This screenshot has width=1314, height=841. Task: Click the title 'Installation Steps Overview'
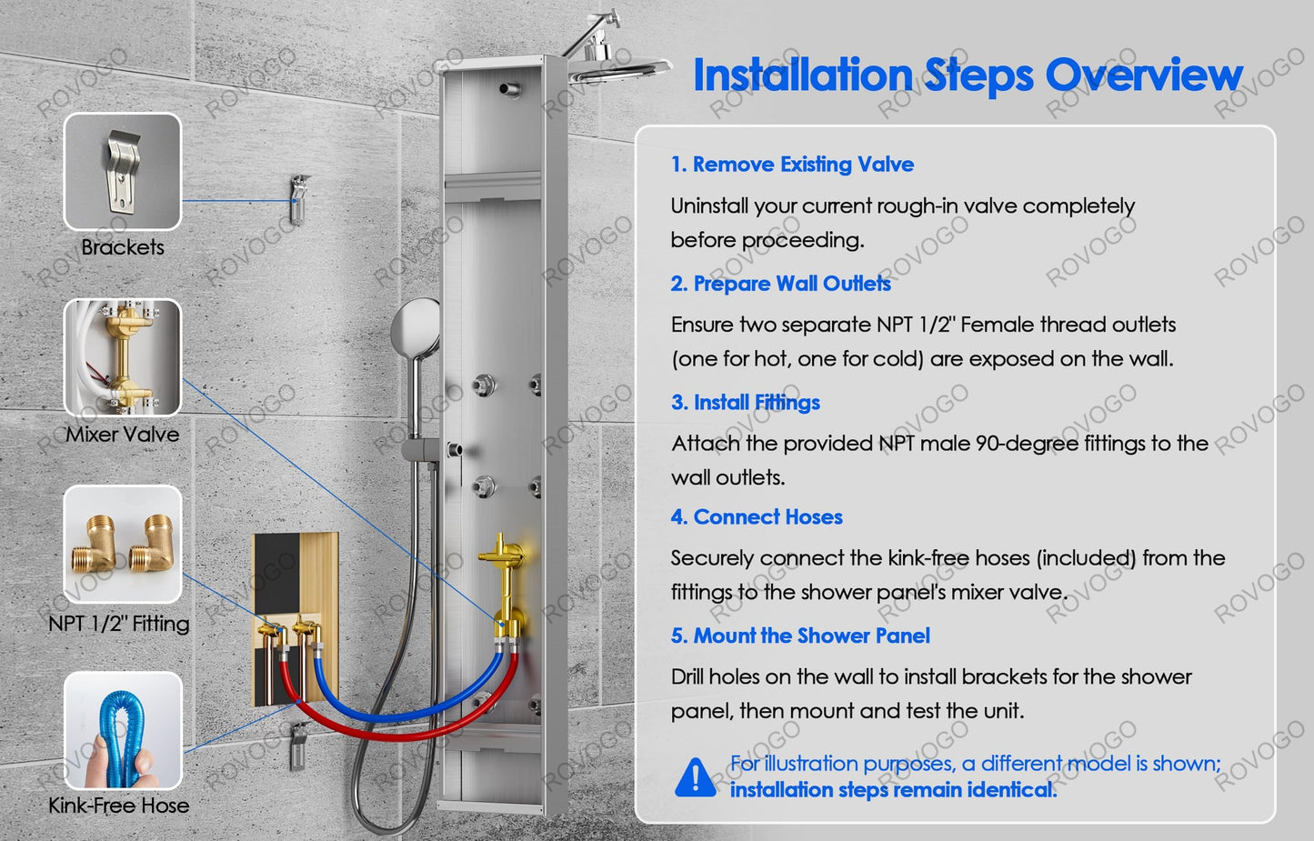pyautogui.click(x=968, y=75)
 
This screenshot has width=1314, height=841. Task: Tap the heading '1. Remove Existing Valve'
pyautogui.click(x=792, y=165)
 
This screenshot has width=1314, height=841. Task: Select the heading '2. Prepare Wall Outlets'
pyautogui.click(x=781, y=284)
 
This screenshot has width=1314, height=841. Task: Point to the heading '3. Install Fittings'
pyautogui.click(x=746, y=403)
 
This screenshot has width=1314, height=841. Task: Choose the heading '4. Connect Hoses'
pyautogui.click(x=757, y=516)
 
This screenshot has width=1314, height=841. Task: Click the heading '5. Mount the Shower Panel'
pyautogui.click(x=801, y=636)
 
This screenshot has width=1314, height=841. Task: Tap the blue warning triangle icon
pyautogui.click(x=695, y=777)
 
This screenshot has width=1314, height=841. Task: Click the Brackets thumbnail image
pyautogui.click(x=123, y=171)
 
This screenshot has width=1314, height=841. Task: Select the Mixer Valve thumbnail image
pyautogui.click(x=123, y=357)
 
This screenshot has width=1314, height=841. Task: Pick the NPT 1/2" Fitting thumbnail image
pyautogui.click(x=123, y=545)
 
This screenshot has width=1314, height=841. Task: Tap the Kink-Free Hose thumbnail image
pyautogui.click(x=123, y=731)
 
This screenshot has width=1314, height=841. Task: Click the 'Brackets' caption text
pyautogui.click(x=123, y=247)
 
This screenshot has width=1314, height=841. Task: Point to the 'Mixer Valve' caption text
pyautogui.click(x=123, y=435)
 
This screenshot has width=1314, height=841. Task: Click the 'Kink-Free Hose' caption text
pyautogui.click(x=119, y=806)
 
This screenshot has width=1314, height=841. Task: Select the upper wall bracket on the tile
pyautogui.click(x=299, y=199)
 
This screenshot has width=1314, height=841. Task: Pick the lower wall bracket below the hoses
pyautogui.click(x=298, y=745)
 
